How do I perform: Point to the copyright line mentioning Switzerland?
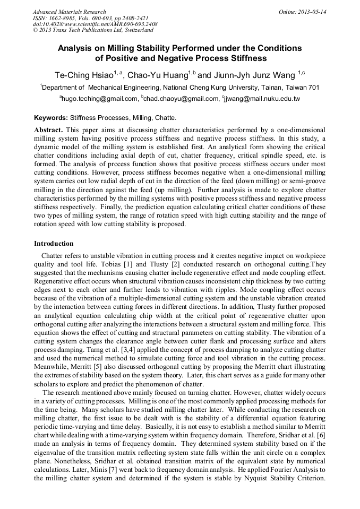pyautogui.click(x=88, y=30)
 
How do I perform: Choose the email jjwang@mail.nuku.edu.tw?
pyautogui.click(x=262, y=99)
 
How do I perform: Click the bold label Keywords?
pyautogui.click(x=51, y=118)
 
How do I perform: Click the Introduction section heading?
pyautogui.click(x=54, y=244)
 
